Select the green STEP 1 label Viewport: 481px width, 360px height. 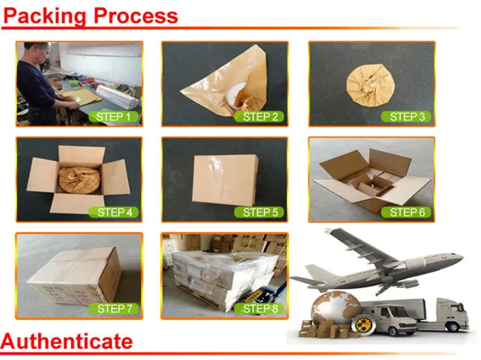pyautogui.click(x=114, y=117)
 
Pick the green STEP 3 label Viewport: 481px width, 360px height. pyautogui.click(x=407, y=117)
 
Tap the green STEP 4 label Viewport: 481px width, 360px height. pyautogui.click(x=114, y=212)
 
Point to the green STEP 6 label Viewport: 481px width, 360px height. pyautogui.click(x=407, y=212)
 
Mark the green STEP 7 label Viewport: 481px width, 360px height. pyautogui.click(x=114, y=308)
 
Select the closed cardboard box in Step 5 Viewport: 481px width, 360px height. pyautogui.click(x=225, y=178)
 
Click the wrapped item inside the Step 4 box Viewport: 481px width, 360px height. pyautogui.click(x=79, y=179)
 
